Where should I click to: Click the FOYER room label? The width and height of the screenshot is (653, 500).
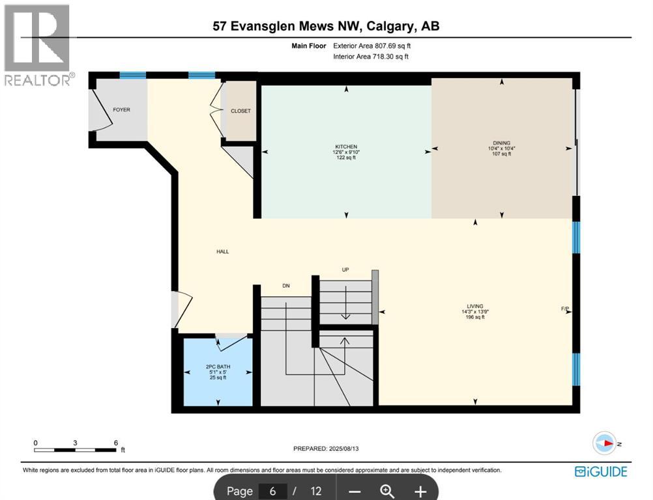click(x=121, y=109)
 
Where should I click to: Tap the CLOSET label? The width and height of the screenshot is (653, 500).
click(x=240, y=111)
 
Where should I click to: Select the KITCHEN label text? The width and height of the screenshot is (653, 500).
click(x=346, y=146)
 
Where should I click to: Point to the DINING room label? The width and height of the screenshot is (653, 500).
click(x=501, y=143)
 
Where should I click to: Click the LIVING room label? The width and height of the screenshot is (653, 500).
click(x=474, y=305)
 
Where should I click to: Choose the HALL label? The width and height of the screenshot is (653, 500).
click(x=223, y=252)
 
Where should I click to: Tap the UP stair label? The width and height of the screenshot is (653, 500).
click(x=346, y=270)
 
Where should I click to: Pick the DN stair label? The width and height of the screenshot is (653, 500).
click(x=285, y=285)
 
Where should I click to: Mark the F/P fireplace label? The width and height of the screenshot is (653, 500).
click(x=564, y=307)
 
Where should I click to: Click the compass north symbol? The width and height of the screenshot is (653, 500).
click(x=604, y=443)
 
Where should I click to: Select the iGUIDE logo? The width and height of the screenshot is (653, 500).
click(x=601, y=471)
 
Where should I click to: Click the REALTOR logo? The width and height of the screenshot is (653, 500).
click(x=38, y=46)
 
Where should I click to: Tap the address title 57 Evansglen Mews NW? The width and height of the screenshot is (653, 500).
click(x=326, y=26)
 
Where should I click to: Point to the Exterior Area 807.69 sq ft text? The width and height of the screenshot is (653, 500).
click(x=372, y=46)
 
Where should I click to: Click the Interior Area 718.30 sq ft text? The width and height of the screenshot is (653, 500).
click(x=372, y=57)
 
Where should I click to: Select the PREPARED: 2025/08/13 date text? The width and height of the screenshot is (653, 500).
click(x=326, y=449)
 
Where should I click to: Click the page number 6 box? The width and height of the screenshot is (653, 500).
click(x=272, y=491)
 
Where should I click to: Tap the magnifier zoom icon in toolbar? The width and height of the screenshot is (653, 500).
click(x=387, y=491)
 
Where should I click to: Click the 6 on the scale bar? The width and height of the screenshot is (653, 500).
click(x=115, y=442)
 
